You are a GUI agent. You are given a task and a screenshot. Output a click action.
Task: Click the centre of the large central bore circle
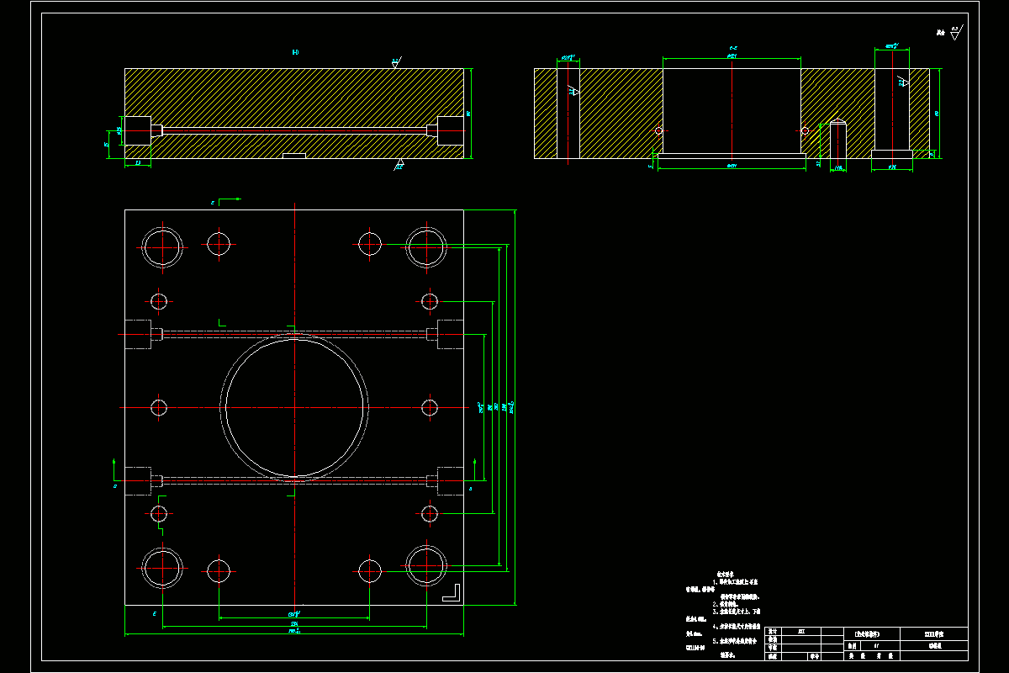click(x=294, y=407)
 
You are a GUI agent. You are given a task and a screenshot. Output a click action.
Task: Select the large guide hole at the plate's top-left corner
click(x=162, y=246)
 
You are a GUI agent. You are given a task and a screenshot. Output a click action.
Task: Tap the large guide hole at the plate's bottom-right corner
click(x=425, y=567)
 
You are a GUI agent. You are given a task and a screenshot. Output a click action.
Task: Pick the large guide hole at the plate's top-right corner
click(x=425, y=246)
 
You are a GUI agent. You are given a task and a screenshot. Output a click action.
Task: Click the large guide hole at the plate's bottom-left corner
click(x=162, y=567)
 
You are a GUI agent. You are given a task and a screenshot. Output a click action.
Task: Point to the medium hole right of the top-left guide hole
click(x=219, y=245)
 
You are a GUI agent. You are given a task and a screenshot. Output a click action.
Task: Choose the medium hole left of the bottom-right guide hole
click(x=370, y=570)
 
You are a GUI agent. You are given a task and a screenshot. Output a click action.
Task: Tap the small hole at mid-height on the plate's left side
click(x=159, y=408)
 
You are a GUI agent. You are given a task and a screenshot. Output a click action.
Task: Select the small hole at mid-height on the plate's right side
click(x=430, y=408)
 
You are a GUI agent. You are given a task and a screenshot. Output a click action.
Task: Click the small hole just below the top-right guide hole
click(x=430, y=301)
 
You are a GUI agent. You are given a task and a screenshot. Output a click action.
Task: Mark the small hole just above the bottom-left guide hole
click(x=159, y=513)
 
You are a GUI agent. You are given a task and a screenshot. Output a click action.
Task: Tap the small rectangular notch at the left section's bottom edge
click(x=294, y=155)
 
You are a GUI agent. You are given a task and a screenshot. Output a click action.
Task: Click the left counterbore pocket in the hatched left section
click(x=138, y=130)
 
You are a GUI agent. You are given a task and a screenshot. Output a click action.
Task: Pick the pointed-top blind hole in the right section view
click(x=837, y=138)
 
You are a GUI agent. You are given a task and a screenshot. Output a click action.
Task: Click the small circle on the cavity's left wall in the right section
click(x=658, y=131)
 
